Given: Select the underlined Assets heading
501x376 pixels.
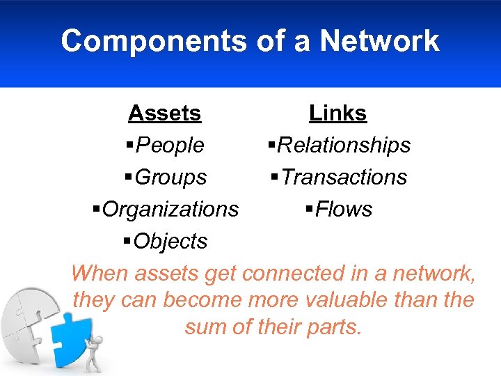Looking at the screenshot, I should [165, 113].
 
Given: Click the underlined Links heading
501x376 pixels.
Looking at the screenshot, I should [338, 113].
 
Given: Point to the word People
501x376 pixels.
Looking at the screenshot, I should [170, 145].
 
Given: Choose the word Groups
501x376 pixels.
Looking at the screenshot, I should [170, 177].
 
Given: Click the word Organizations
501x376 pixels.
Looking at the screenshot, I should [170, 209].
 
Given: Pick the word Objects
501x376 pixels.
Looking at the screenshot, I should [170, 241].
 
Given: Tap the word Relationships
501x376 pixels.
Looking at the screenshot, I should [344, 145].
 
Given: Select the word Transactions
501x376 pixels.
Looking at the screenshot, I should [344, 177].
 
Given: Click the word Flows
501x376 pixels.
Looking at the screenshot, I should [344, 209].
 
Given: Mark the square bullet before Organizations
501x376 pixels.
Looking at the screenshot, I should [97, 209].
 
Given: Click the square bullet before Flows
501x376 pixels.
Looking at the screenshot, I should [310, 209].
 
